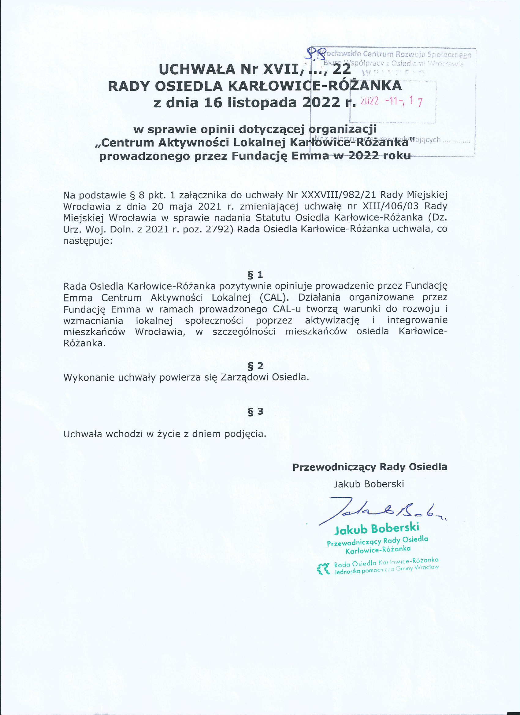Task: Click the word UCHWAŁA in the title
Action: (197, 69)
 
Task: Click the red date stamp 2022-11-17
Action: (391, 101)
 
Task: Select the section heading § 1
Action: (255, 275)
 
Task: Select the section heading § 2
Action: (255, 366)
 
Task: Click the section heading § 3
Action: (255, 411)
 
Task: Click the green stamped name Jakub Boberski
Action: (377, 529)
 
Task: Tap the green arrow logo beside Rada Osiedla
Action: (323, 569)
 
